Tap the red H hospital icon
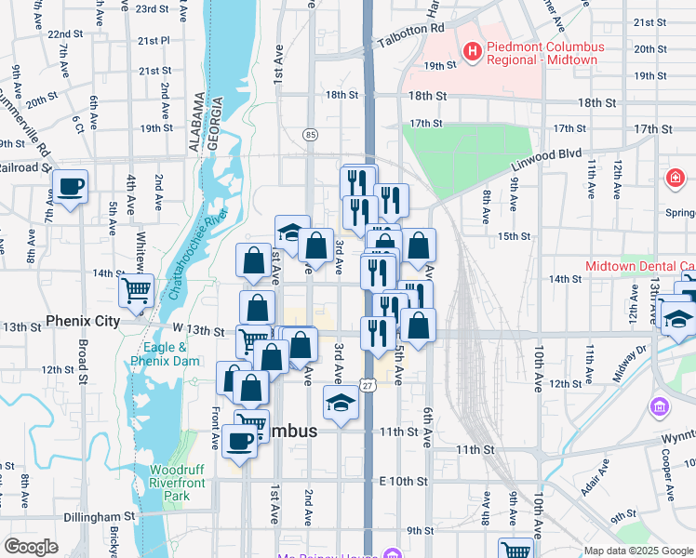pyautogui.click(x=473, y=53)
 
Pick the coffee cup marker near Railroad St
pyautogui.click(x=71, y=187)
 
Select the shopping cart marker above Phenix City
pyautogui.click(x=136, y=291)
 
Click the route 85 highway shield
pyautogui.click(x=310, y=136)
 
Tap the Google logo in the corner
pyautogui.click(x=31, y=547)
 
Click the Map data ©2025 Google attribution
pyautogui.click(x=637, y=551)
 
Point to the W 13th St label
pyautogui.click(x=198, y=330)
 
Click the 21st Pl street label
pyautogui.click(x=154, y=41)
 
